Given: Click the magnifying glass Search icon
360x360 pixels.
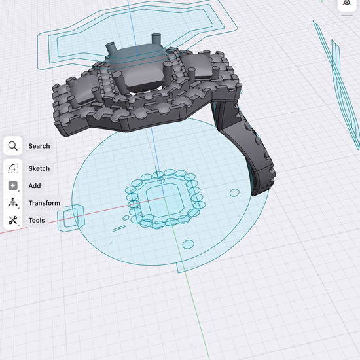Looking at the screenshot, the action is (x=13, y=146).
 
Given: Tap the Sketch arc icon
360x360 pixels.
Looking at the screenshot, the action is (x=13, y=168).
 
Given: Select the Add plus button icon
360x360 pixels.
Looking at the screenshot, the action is (x=13, y=185).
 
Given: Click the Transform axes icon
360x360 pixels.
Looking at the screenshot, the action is (x=13, y=202).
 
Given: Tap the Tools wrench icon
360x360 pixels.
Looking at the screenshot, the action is (x=13, y=220).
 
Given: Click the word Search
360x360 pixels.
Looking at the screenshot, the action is (x=39, y=146).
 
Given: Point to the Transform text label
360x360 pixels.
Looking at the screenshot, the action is (x=45, y=203).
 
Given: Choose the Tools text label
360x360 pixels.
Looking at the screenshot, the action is (x=37, y=220).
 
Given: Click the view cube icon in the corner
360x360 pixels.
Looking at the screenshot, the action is (x=347, y=3).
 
